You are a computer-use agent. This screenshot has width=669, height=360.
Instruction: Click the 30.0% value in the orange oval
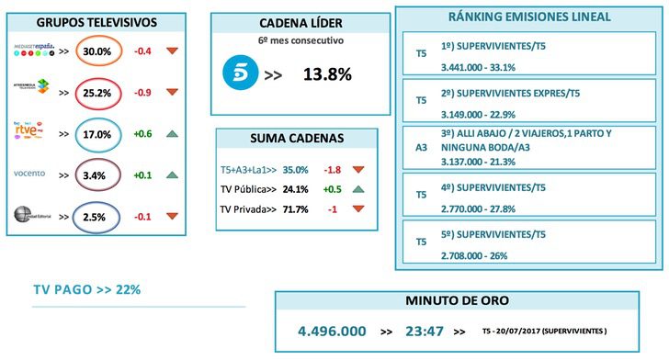[x=98, y=51]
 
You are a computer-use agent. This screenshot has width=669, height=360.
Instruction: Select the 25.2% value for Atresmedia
[x=98, y=92]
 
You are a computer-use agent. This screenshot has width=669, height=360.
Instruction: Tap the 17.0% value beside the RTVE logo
[x=98, y=133]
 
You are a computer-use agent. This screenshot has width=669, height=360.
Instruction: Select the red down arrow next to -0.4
[x=172, y=51]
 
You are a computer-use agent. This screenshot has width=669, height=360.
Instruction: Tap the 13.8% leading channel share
[x=327, y=75]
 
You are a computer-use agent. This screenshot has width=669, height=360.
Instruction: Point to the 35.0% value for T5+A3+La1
[x=295, y=170]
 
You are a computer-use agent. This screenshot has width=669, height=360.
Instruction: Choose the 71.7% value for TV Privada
[x=295, y=209]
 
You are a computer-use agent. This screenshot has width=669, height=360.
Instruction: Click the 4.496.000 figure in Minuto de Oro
[x=332, y=331]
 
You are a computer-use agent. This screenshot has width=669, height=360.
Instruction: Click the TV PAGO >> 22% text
[x=86, y=290]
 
